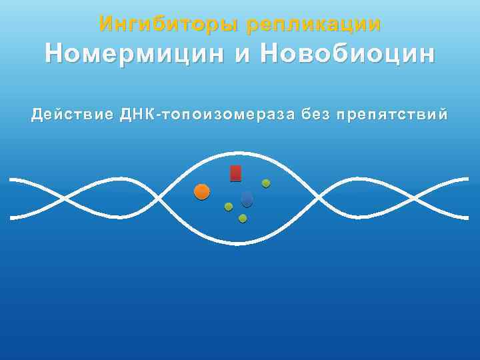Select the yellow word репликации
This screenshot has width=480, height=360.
313,25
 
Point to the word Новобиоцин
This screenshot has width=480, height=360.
349,54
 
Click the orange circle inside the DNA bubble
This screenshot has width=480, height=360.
202,192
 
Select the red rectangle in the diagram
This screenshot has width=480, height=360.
235,173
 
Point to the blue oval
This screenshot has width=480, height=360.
247,199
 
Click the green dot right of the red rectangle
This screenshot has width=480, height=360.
266,183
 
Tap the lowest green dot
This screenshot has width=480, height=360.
243,218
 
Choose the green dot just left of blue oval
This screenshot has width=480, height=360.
229,207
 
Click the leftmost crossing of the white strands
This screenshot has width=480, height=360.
65,198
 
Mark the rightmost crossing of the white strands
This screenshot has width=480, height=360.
415,198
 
